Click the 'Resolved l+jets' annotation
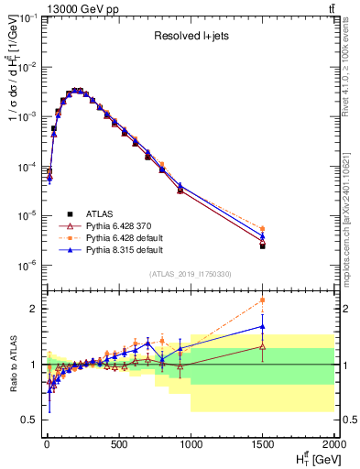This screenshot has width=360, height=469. point(190,38)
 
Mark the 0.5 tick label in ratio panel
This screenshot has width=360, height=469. point(31,420)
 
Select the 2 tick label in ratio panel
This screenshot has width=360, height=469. point(35,309)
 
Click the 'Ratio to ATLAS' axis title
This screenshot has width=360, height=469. point(12,364)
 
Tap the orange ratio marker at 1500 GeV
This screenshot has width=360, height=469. point(263,300)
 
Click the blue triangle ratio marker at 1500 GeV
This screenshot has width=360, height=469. point(263,326)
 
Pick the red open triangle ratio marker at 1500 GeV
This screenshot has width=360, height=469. point(263,346)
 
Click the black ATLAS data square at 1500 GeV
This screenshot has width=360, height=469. point(263,245)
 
